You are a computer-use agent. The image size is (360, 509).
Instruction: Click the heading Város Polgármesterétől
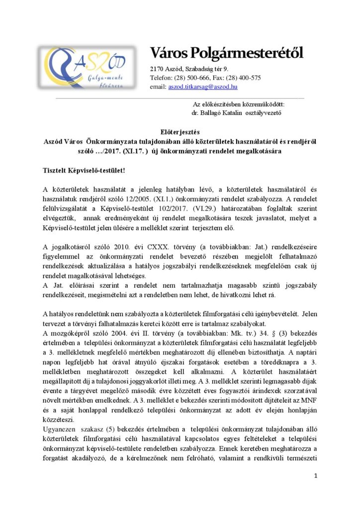pos(226,53)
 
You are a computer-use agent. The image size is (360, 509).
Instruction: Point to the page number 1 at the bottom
pos(315,476)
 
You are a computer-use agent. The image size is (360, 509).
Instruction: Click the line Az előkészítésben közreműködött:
pos(239,104)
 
